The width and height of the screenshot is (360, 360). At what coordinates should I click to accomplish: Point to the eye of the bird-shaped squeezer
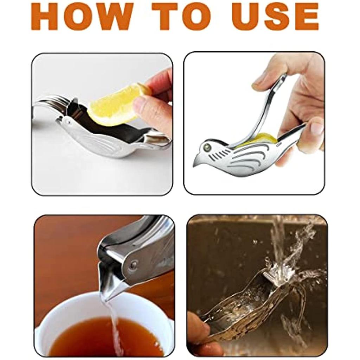point(207,147)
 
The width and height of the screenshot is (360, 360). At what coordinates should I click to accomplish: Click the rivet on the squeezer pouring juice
point(133,266)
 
